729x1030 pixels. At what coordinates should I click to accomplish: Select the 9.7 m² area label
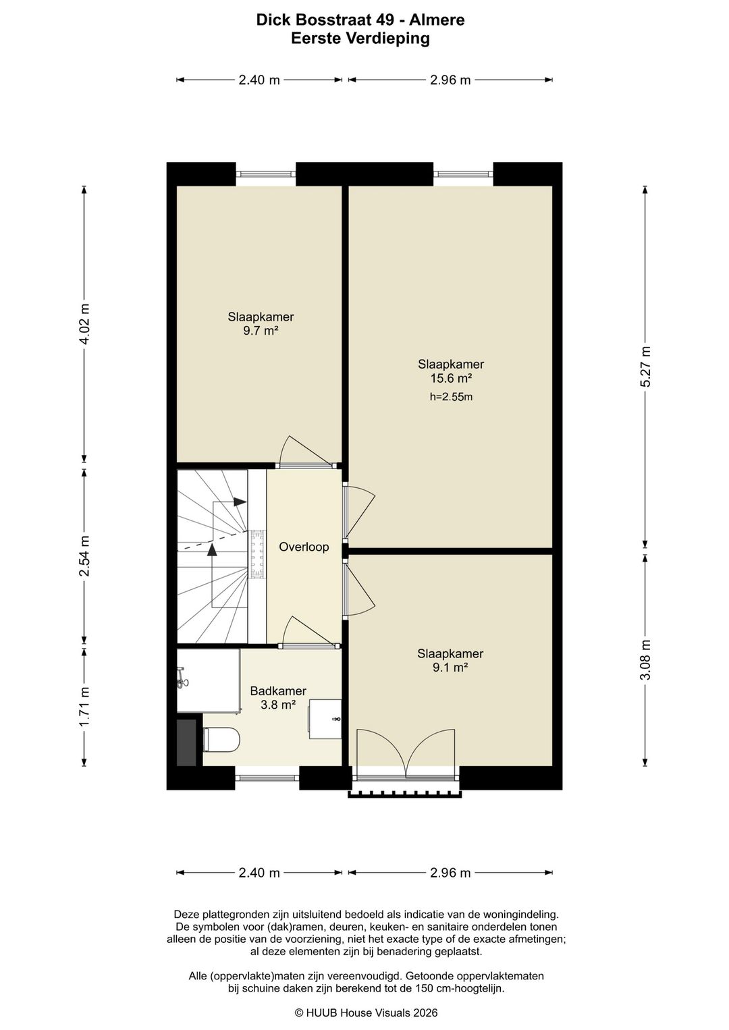tap(261, 331)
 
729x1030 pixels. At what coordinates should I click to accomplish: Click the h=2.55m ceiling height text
tap(451, 397)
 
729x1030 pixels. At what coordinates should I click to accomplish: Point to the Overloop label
tap(304, 547)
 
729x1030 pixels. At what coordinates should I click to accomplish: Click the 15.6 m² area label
tap(451, 379)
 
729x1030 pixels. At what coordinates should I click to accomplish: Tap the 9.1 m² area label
tap(450, 668)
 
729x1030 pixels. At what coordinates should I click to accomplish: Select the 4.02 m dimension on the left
tap(84, 324)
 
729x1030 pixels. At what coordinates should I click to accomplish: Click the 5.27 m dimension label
tap(645, 367)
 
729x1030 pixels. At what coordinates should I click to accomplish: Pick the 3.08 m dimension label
tap(645, 659)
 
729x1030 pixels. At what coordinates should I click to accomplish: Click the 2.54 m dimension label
tap(84, 556)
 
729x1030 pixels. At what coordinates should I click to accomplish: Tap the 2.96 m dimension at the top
tap(450, 80)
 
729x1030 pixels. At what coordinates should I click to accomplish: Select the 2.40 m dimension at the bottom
tap(259, 873)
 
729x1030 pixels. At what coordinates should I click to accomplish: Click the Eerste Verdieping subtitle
tap(360, 38)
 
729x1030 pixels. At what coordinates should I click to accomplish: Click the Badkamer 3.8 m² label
tap(278, 697)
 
